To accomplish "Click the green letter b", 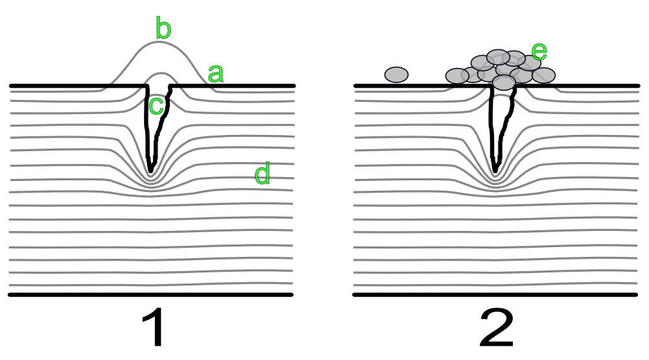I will pyautogui.click(x=163, y=29).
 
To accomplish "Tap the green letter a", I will pyautogui.click(x=215, y=75).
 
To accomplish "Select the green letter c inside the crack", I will pyautogui.click(x=156, y=106).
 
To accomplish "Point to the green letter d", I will pyautogui.click(x=262, y=174).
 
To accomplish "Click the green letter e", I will pyautogui.click(x=539, y=51).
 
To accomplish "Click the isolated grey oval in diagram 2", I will pyautogui.click(x=396, y=75).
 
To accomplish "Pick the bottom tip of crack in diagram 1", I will pyautogui.click(x=151, y=172).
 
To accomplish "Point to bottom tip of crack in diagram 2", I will pyautogui.click(x=495, y=172).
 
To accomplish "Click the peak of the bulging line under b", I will pyautogui.click(x=159, y=42).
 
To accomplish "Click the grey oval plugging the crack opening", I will pyautogui.click(x=504, y=82).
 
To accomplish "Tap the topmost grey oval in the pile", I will pyautogui.click(x=498, y=56).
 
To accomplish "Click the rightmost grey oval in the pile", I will pyautogui.click(x=545, y=75).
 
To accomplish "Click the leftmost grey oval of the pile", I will pyautogui.click(x=457, y=76).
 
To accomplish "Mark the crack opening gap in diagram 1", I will pyautogui.click(x=159, y=86).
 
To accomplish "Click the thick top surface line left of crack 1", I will pyautogui.click(x=71, y=86).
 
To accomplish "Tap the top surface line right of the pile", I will pyautogui.click(x=596, y=86).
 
